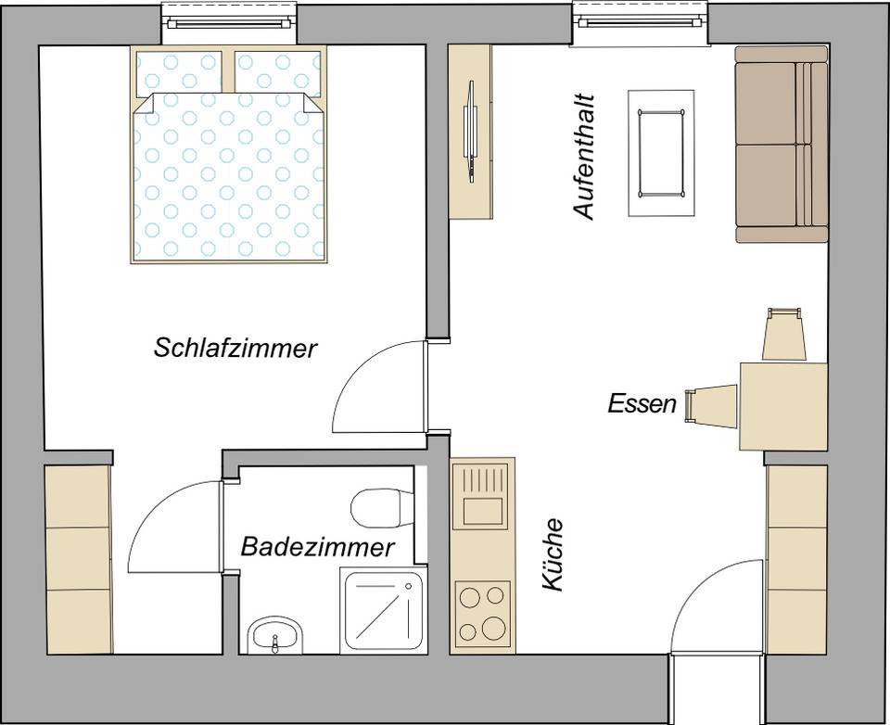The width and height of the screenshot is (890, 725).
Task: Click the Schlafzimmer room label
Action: (x=235, y=349)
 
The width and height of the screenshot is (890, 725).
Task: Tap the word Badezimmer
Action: (x=317, y=547)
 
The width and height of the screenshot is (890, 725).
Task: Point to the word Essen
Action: (x=642, y=403)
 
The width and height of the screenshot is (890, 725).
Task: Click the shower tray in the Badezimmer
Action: (x=384, y=610)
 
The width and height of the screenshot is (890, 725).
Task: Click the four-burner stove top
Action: (x=483, y=612)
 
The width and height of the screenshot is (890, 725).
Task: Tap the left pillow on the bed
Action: (x=179, y=72)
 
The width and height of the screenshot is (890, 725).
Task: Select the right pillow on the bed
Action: (x=277, y=72)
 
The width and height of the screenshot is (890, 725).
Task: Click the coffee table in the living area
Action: (x=660, y=153)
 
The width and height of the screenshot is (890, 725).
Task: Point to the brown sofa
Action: (x=781, y=144)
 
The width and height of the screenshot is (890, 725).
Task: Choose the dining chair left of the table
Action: (x=710, y=406)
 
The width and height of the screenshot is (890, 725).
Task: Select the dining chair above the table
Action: (x=782, y=335)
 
